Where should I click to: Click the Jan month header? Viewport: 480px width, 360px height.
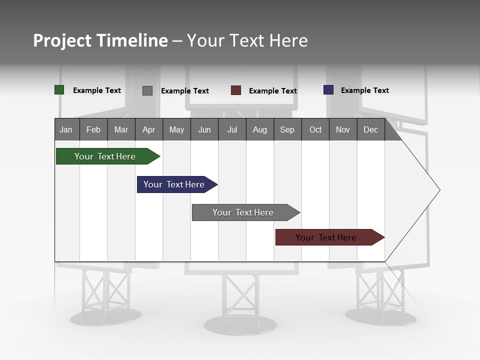click(x=66, y=129)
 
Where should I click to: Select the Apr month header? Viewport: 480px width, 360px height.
click(x=148, y=129)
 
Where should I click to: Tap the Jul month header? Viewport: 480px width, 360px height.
click(x=232, y=129)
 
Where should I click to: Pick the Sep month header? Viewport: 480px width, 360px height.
click(x=287, y=129)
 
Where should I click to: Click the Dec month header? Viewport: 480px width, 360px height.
click(x=370, y=129)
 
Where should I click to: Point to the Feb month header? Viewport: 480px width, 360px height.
click(x=93, y=129)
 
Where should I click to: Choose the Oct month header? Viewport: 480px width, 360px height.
click(x=315, y=129)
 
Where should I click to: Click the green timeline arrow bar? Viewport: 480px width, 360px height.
click(x=105, y=156)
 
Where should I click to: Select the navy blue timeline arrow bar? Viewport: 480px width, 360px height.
click(x=174, y=184)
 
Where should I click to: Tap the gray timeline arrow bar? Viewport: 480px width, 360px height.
click(x=243, y=212)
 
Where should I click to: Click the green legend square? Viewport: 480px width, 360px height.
click(x=59, y=90)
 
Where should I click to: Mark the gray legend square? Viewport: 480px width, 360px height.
click(x=147, y=90)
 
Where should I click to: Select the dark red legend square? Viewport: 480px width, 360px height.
click(x=236, y=90)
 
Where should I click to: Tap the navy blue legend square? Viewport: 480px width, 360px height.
click(x=328, y=90)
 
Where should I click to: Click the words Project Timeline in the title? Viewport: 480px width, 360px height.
click(x=100, y=40)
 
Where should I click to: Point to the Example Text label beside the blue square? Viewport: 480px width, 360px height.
click(x=364, y=90)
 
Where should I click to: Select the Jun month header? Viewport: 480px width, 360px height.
click(x=204, y=129)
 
